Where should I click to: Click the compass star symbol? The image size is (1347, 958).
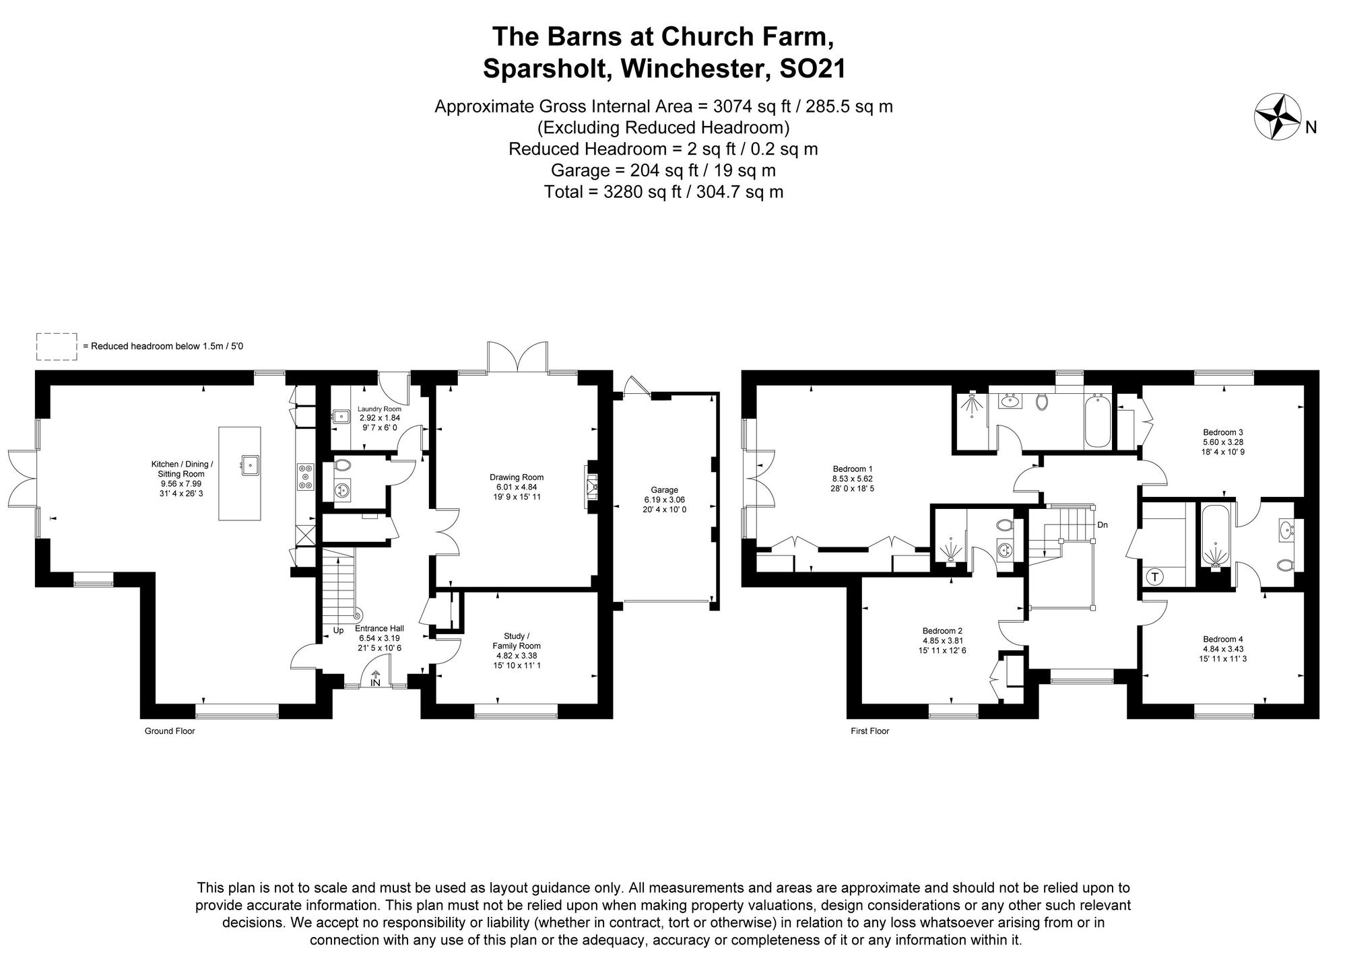(x=1278, y=116)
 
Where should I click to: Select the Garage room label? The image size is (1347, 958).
(x=664, y=490)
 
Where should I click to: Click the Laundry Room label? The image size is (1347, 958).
(x=379, y=409)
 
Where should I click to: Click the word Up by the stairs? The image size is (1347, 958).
(x=338, y=631)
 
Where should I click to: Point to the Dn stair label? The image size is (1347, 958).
(x=1102, y=525)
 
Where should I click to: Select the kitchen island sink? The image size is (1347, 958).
(x=251, y=464)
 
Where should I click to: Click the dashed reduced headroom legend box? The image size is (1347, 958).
(x=57, y=346)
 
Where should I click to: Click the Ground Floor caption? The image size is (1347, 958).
(x=170, y=731)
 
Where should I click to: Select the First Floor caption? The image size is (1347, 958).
(x=869, y=731)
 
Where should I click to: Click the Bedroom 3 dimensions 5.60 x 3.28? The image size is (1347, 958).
(x=1223, y=442)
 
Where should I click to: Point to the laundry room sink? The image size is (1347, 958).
(x=341, y=417)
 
